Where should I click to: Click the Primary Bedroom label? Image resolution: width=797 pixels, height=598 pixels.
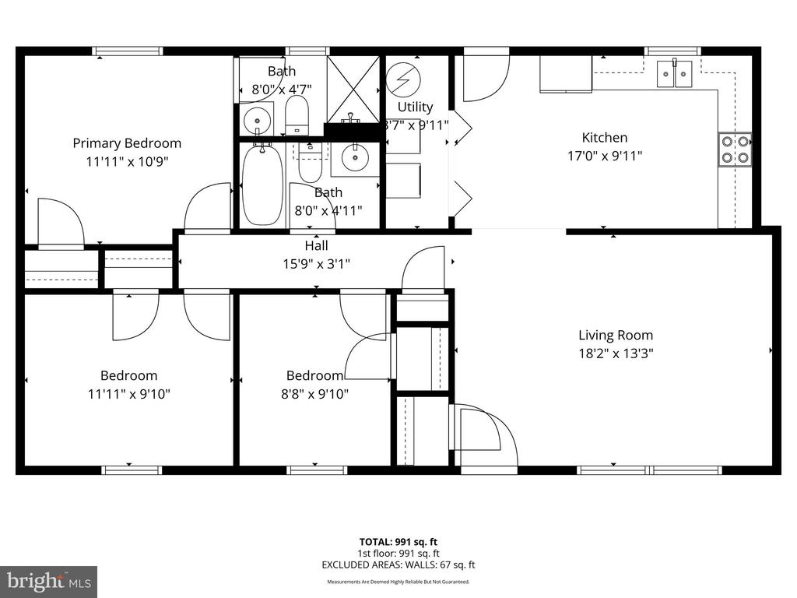(x=127, y=143)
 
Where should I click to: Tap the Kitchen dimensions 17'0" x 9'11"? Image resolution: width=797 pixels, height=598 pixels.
(x=604, y=156)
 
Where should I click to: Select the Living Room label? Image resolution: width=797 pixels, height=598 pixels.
(x=615, y=336)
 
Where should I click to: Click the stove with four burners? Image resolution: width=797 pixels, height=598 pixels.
(x=735, y=149)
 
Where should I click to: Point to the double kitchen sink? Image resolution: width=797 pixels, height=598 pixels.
(x=673, y=75)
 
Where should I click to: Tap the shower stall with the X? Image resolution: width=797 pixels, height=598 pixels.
(x=353, y=89)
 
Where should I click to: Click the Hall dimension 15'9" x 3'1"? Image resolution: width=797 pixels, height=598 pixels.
(x=316, y=264)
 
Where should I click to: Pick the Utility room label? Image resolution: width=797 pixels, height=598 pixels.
(x=415, y=107)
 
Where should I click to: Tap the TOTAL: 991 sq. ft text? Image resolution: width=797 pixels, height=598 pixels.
(x=398, y=542)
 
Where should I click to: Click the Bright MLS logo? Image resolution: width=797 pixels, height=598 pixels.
(x=47, y=581)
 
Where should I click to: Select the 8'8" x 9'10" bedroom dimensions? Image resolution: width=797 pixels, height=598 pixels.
(x=314, y=393)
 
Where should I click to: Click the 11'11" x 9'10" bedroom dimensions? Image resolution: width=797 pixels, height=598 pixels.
(x=128, y=393)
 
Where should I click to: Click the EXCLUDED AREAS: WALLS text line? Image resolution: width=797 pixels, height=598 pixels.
(x=398, y=565)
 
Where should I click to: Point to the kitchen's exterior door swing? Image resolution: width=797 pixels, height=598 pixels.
(x=485, y=78)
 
